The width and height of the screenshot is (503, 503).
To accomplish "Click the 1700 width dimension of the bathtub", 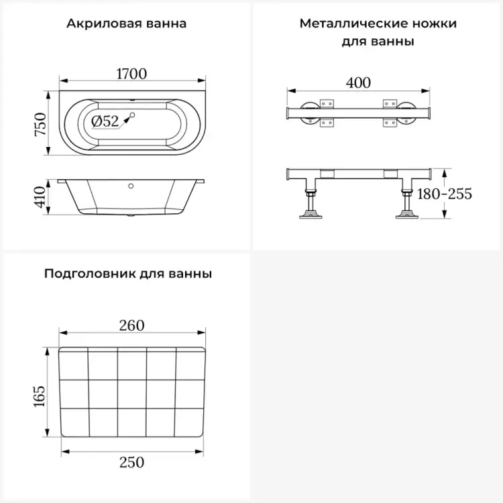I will point(131,74).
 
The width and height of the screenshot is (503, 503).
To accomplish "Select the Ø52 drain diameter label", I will point(105,121).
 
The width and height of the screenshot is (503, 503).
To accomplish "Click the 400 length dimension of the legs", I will point(358,82).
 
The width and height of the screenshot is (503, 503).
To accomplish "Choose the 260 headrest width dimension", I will point(131,325).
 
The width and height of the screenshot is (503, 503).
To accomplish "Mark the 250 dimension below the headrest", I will point(131,462).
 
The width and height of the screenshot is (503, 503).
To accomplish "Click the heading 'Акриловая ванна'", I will point(127,24).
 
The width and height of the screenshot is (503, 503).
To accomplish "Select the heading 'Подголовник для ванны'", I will point(129,274).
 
